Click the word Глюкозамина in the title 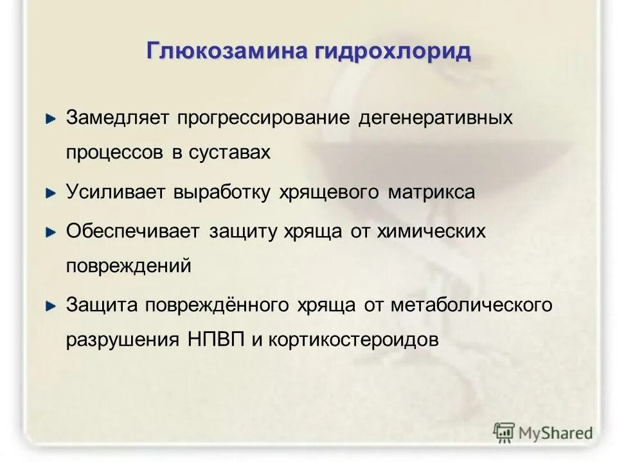pos(227,51)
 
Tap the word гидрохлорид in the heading pos(392,51)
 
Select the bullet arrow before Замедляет pos(51,119)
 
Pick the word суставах pos(229,153)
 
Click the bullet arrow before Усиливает pos(51,193)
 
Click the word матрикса pos(432,193)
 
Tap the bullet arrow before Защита pos(51,307)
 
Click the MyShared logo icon pos(504,432)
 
